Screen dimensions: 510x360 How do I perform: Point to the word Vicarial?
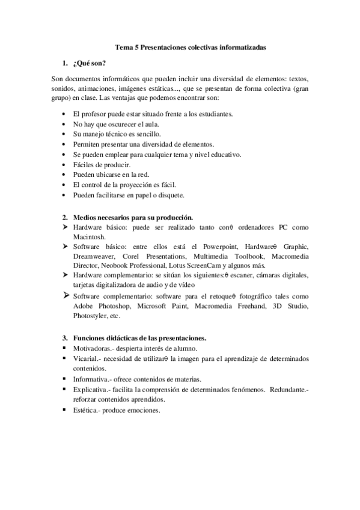(87, 358)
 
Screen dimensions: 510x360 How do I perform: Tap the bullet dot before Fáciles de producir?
(65, 164)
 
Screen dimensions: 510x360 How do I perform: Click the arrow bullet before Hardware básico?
(65, 227)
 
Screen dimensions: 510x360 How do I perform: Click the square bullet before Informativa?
(65, 379)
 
